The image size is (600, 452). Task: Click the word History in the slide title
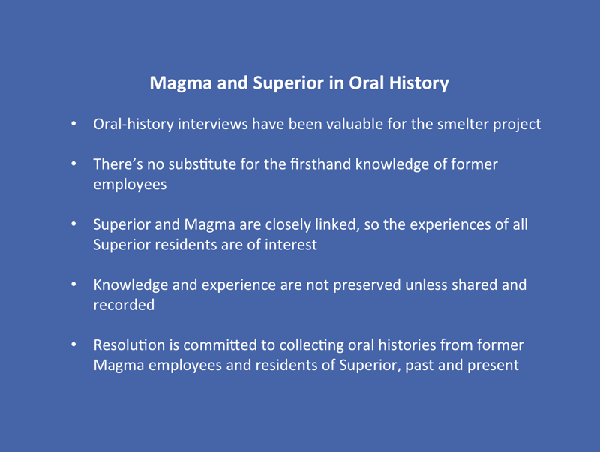pyautogui.click(x=419, y=83)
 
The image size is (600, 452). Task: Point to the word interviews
pyautogui.click(x=213, y=124)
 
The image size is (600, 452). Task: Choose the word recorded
pyautogui.click(x=124, y=305)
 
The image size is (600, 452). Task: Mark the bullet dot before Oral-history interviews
pyautogui.click(x=73, y=124)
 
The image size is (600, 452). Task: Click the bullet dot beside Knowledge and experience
pyautogui.click(x=73, y=285)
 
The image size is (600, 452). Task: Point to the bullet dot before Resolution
pyautogui.click(x=73, y=345)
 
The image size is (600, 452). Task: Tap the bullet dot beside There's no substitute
pyautogui.click(x=73, y=164)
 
